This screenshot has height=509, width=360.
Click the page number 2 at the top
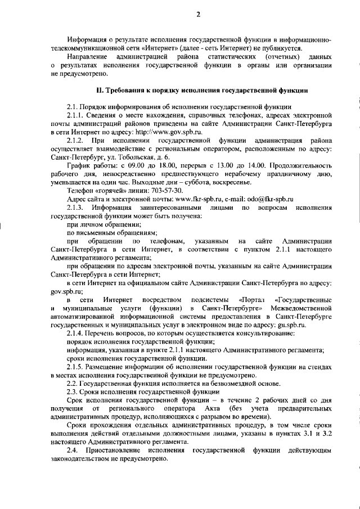point(198,15)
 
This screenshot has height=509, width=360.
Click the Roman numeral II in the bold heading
point(100,90)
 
